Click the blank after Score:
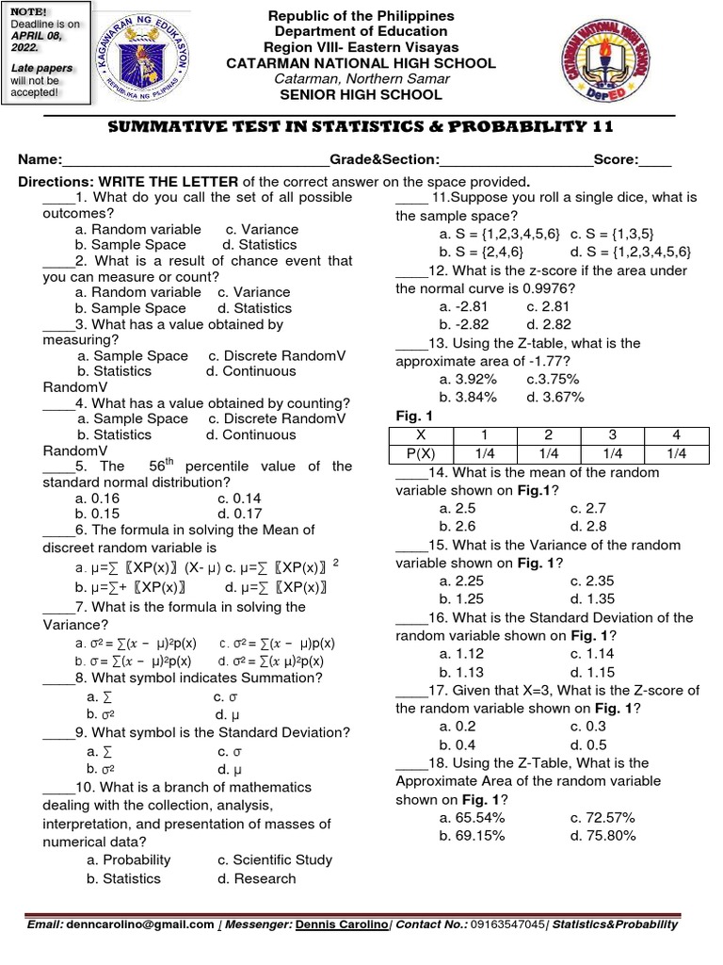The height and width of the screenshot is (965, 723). click(x=655, y=161)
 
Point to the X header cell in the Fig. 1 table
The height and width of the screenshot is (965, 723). click(x=421, y=435)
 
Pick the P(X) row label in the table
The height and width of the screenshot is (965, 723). click(x=421, y=453)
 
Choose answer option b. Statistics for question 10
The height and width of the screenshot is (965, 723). click(x=123, y=878)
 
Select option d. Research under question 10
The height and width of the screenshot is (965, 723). click(x=256, y=878)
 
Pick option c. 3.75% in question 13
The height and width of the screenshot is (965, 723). click(x=553, y=379)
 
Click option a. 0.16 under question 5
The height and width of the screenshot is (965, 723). click(x=98, y=498)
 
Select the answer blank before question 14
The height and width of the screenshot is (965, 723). click(x=410, y=472)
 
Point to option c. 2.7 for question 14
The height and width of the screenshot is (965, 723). click(x=592, y=508)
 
